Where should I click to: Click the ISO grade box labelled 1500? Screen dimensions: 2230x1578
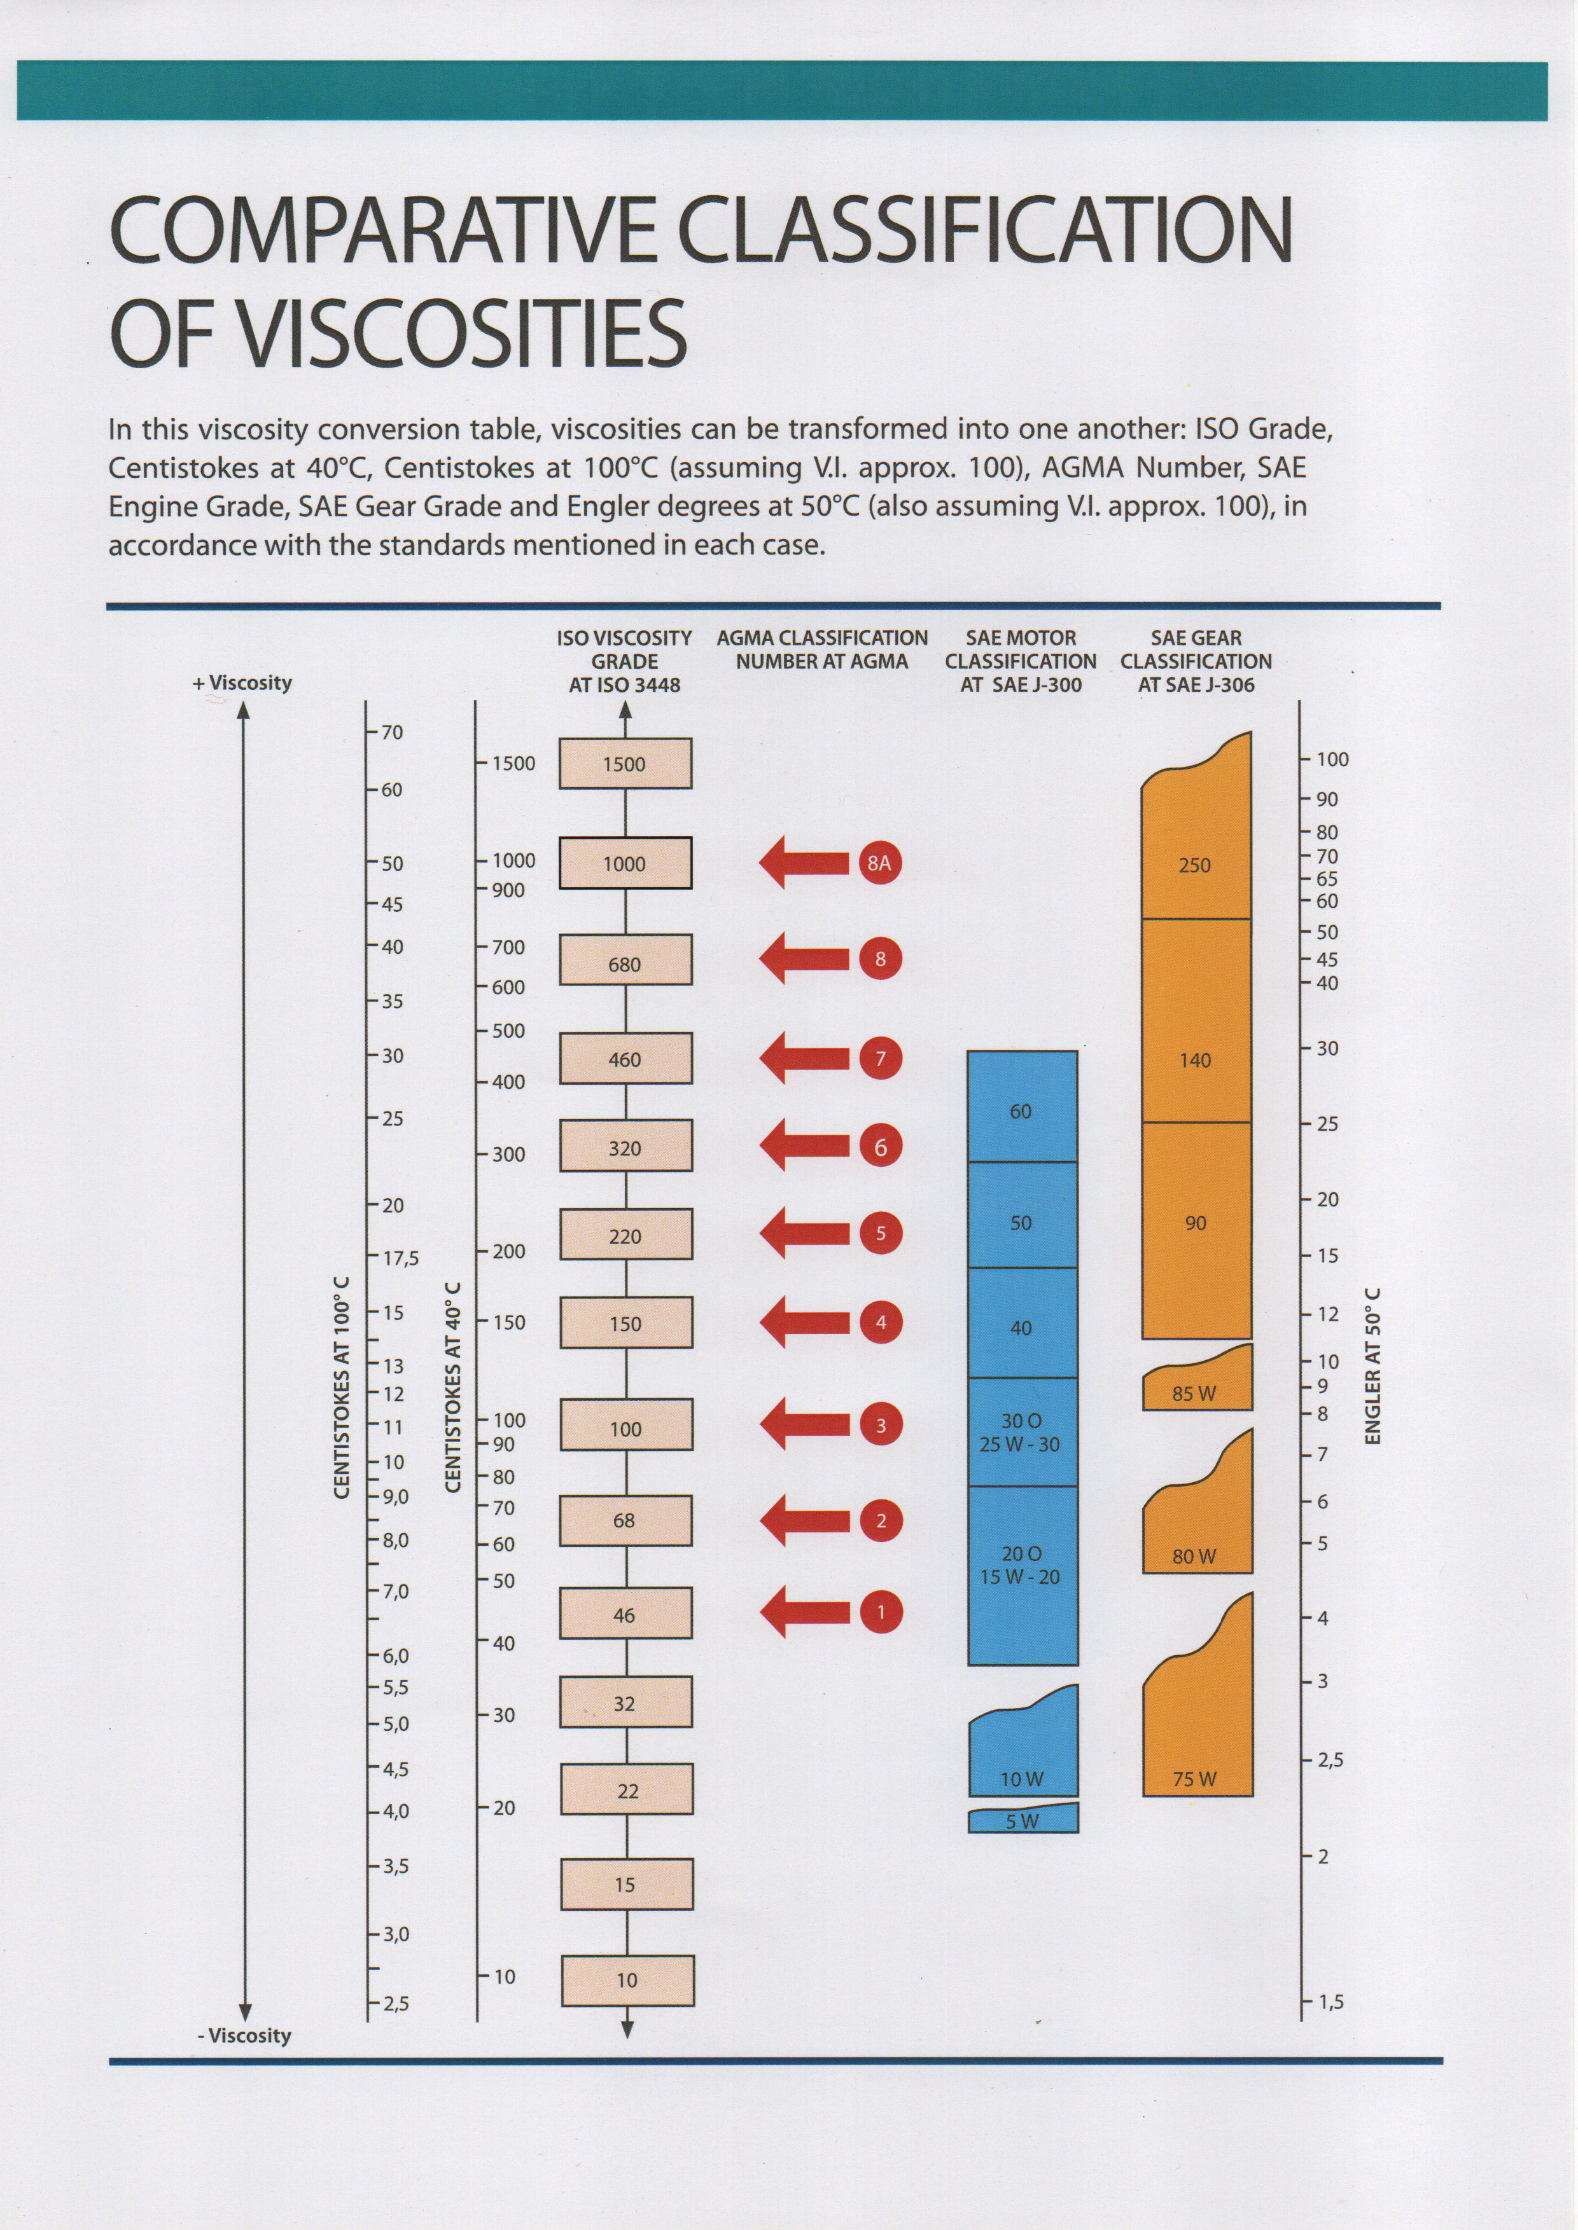pyautogui.click(x=625, y=764)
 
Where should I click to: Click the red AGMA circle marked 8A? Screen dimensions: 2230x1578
pyautogui.click(x=879, y=862)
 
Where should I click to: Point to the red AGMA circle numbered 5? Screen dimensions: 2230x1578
pyautogui.click(x=881, y=1234)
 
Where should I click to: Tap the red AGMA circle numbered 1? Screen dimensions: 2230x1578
pyautogui.click(x=881, y=1613)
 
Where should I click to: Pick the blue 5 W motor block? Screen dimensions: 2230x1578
pyautogui.click(x=1023, y=1819)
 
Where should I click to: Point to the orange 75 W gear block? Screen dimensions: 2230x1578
pyautogui.click(x=1195, y=1738)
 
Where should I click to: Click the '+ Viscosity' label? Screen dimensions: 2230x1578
pyautogui.click(x=243, y=683)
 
